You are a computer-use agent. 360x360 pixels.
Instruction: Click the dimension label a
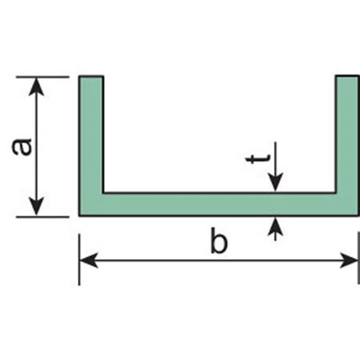coord(22,147)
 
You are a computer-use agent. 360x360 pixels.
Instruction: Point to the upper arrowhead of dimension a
coord(37,86)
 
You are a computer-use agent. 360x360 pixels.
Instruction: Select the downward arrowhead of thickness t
coord(275,184)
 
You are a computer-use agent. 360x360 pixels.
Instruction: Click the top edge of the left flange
coord(91,76)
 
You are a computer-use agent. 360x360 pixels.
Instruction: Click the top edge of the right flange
coord(348,76)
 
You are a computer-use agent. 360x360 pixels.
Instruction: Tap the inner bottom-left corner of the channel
coord(103,193)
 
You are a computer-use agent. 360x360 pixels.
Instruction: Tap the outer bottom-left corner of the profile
coord(80,215)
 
